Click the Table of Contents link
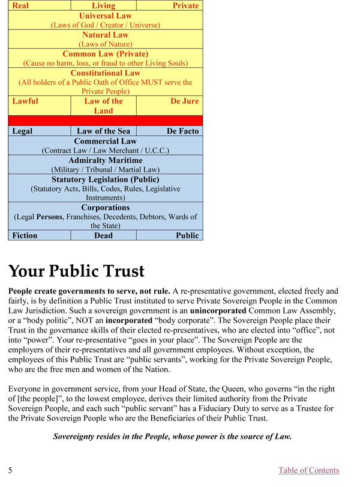coord(308,470)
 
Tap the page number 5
coord(11,470)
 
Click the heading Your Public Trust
coord(77,272)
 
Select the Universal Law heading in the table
coord(105,16)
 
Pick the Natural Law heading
coord(105,35)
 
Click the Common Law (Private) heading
coord(105,53)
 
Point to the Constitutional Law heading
coord(105,73)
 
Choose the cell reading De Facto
coord(182,131)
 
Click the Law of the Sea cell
coord(103,131)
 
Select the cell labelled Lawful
coord(25,101)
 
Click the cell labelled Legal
coord(23,131)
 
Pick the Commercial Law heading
coord(105,141)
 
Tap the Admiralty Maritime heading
coord(105,160)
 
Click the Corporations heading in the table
coord(105,208)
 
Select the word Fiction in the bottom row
coord(25,235)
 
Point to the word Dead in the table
coord(103,235)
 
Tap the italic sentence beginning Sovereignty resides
coord(172,437)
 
